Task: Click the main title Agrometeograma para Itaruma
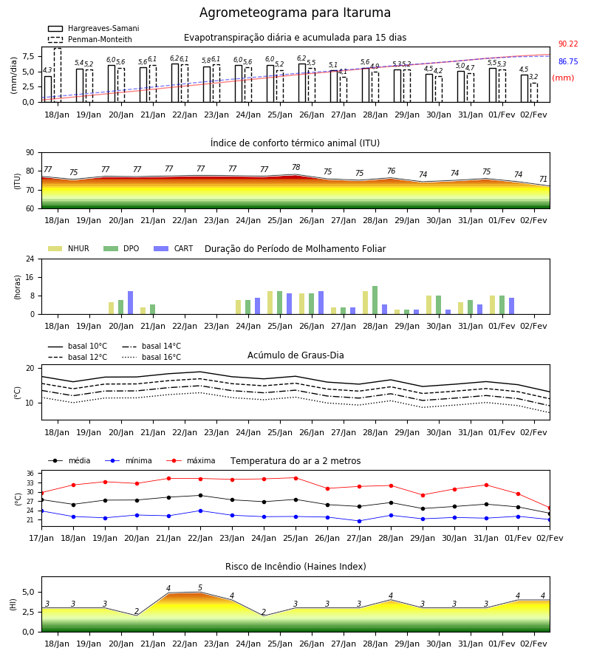pos(295,13)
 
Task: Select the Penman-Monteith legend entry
pos(90,39)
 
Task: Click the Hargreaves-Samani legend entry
pos(94,28)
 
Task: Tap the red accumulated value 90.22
pos(568,44)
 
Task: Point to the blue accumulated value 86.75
pos(568,62)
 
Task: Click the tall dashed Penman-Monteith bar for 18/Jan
pos(58,75)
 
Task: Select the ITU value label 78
pos(296,167)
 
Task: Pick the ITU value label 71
pos(543,179)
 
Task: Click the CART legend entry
pos(174,248)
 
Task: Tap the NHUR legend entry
pos(69,248)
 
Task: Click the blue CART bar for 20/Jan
pos(131,303)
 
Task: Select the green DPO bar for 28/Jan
pos(375,300)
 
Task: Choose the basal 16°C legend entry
pos(151,357)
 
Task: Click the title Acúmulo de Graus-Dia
pos(295,355)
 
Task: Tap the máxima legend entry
pos(191,460)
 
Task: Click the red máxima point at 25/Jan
pos(296,478)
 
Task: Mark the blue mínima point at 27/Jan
pos(360,521)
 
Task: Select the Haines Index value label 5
pos(200,588)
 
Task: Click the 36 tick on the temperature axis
pos(30,474)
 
